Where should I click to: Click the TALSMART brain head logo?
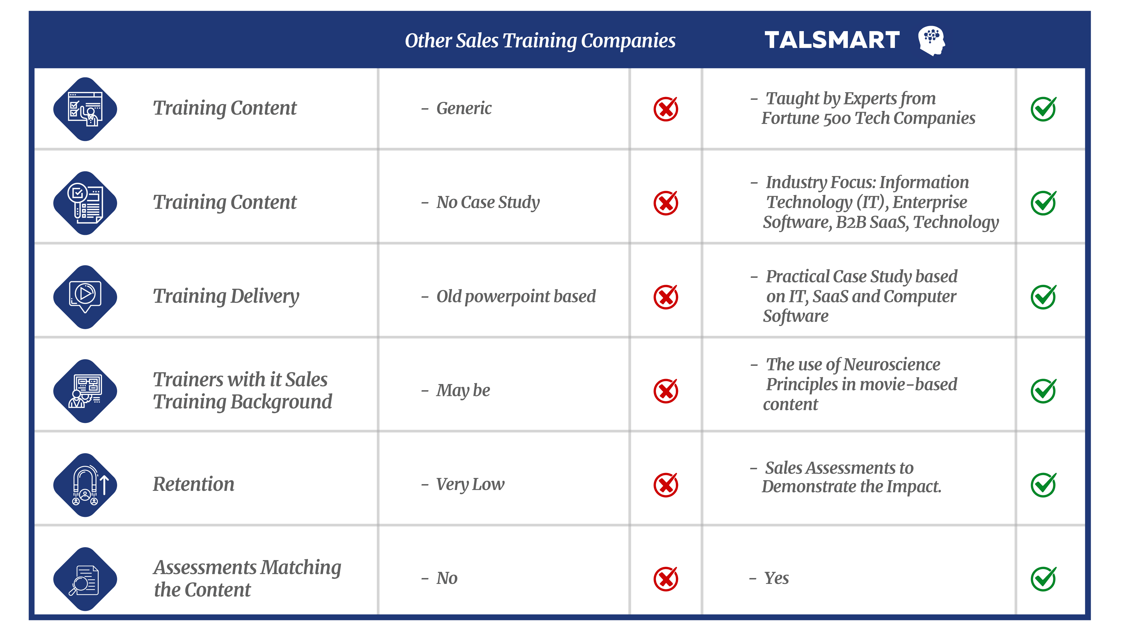tap(931, 40)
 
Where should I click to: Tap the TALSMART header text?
tap(832, 40)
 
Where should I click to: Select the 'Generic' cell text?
tap(464, 108)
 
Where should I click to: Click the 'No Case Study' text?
tap(488, 202)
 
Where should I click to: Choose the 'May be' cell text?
tap(463, 390)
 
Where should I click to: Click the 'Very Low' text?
tap(470, 484)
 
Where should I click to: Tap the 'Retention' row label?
tap(194, 484)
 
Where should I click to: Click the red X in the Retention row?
tap(666, 485)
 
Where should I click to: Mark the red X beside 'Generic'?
tap(666, 108)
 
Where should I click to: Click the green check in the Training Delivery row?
tap(1043, 297)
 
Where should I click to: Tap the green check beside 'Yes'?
tap(1043, 579)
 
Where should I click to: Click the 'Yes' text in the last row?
tap(776, 578)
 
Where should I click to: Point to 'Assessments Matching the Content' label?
tap(247, 578)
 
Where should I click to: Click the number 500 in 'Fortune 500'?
tap(837, 119)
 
